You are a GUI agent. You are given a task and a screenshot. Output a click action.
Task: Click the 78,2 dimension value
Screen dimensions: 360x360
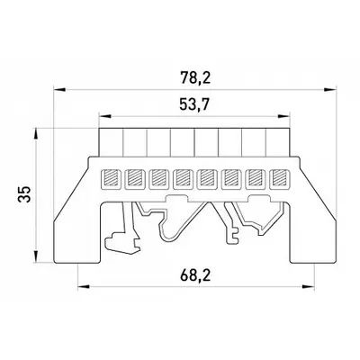click(195, 78)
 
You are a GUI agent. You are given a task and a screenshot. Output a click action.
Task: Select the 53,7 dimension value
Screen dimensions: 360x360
click(194, 105)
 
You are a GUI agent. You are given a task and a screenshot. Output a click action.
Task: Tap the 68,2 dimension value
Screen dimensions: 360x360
click(195, 275)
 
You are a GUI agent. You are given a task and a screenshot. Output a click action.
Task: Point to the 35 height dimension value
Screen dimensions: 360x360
click(24, 194)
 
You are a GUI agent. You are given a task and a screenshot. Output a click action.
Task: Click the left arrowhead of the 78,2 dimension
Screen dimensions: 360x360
click(59, 89)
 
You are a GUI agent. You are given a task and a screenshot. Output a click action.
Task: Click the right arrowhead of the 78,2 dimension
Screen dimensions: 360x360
click(329, 89)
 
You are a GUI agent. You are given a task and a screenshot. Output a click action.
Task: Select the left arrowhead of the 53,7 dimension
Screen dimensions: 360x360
click(105, 116)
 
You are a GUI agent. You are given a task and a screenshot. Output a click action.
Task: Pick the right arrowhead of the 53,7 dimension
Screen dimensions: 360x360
click(283, 116)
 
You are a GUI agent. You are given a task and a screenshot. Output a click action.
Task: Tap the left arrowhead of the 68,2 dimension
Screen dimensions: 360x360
click(84, 287)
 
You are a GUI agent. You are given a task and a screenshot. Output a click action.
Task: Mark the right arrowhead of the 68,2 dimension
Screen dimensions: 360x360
click(308, 287)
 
